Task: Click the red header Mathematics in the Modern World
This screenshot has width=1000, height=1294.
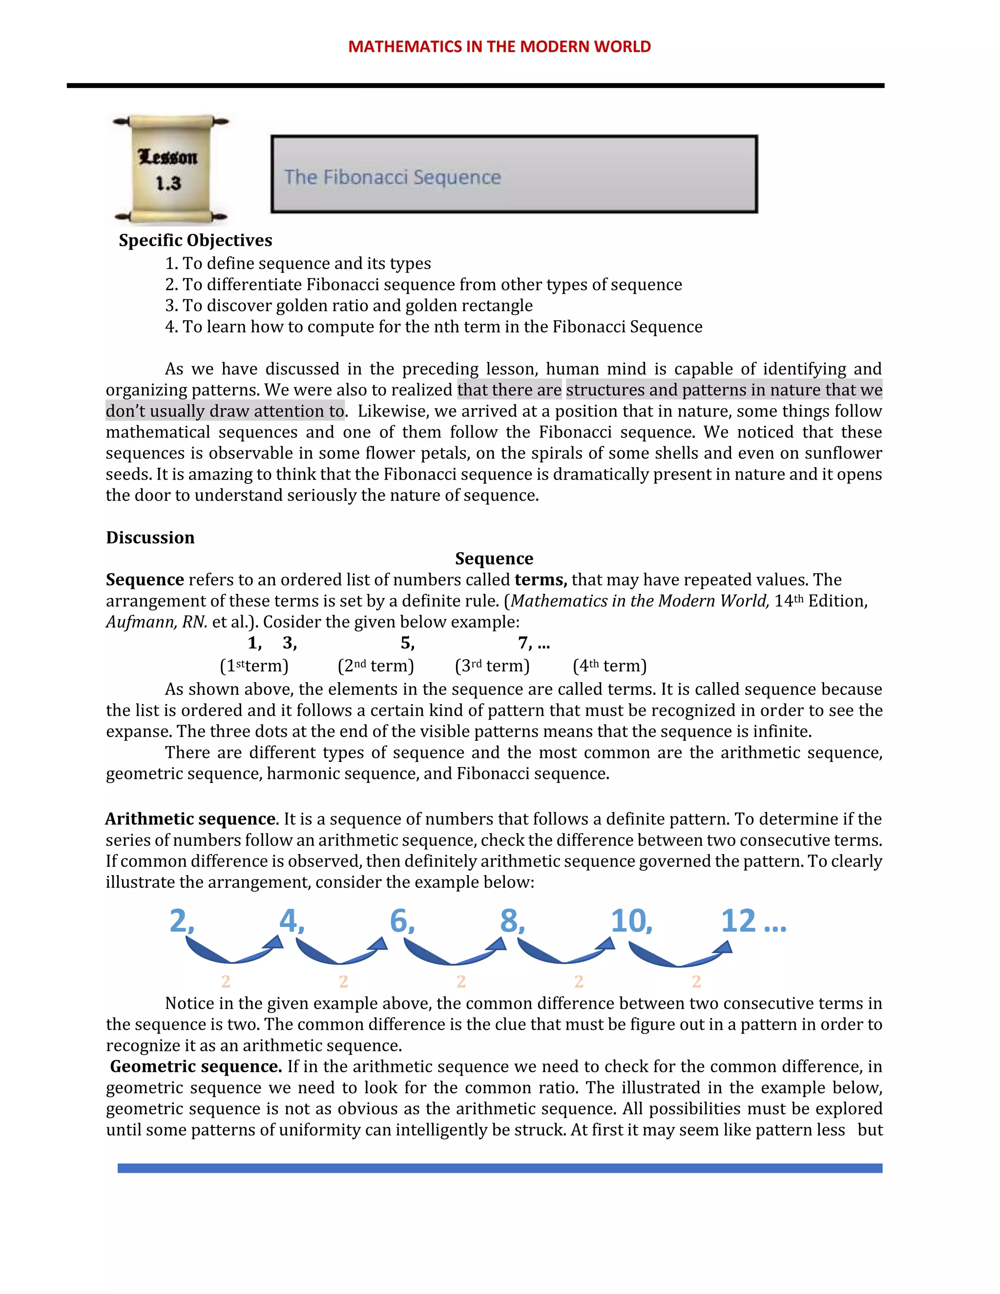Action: click(x=500, y=47)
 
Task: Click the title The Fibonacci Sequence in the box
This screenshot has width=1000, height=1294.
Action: click(x=392, y=177)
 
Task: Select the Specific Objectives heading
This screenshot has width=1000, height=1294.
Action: click(x=195, y=241)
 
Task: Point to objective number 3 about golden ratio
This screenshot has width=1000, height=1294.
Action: click(x=349, y=306)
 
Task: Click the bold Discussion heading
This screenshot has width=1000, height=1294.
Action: click(x=150, y=538)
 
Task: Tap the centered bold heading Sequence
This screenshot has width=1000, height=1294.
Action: click(x=494, y=559)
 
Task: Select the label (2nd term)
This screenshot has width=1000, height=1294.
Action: click(x=375, y=666)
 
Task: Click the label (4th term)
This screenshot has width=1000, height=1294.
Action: click(x=609, y=666)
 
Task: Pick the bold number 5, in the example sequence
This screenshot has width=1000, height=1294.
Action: click(x=407, y=643)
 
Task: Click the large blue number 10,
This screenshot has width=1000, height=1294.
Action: click(x=631, y=921)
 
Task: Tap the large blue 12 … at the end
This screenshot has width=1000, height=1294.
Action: click(x=753, y=921)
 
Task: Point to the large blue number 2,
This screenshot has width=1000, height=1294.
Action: click(x=182, y=921)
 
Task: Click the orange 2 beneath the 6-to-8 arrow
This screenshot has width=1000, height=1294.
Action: click(x=461, y=982)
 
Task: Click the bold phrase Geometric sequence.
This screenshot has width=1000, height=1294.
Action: click(x=195, y=1067)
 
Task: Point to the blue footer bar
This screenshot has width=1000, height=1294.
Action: click(x=500, y=1169)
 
